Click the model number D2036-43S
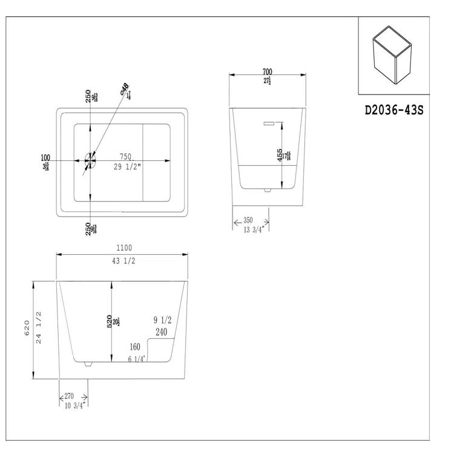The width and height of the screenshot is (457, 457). coord(393,111)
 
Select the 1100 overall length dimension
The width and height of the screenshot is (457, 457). coord(123,248)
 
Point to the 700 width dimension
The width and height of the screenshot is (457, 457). coord(268,72)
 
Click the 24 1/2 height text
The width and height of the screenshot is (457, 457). coord(38,327)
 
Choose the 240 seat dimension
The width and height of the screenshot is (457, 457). coord(161,332)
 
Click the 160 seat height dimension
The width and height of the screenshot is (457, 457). coord(134,347)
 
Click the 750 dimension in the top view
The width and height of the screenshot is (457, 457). coord(127,156)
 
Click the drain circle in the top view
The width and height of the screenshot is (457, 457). coord(90,160)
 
